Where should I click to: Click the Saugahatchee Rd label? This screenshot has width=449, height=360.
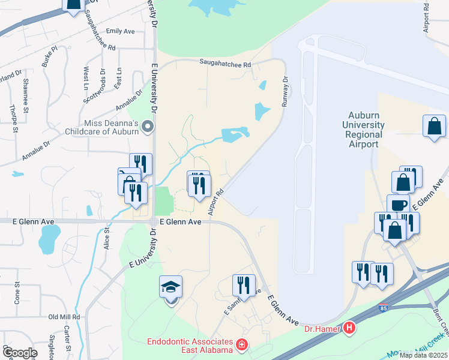click(x=224, y=62)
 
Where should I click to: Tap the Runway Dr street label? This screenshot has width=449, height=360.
click(x=285, y=90)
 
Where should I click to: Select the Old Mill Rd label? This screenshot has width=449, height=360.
click(x=64, y=316)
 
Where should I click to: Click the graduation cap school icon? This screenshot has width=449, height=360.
click(x=171, y=288)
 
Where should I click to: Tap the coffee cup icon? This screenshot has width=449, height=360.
click(x=397, y=206)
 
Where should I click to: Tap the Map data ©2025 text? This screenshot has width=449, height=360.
click(x=423, y=355)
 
